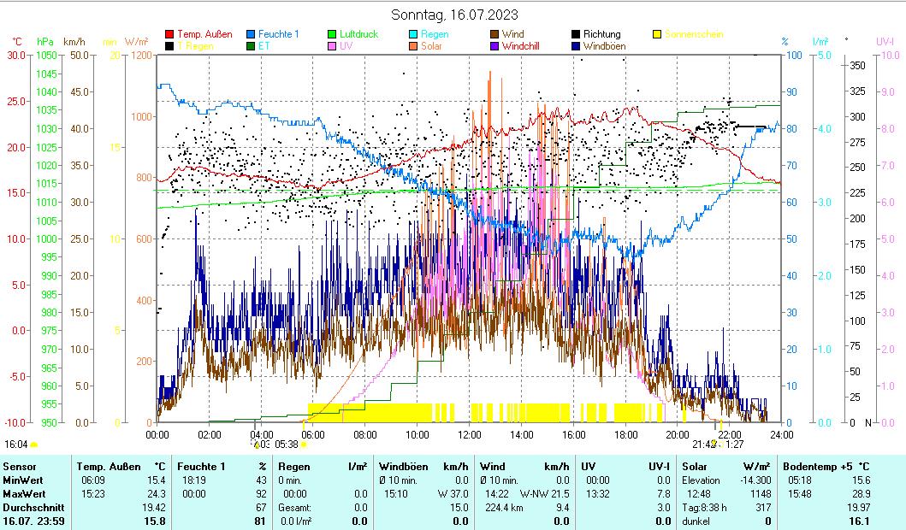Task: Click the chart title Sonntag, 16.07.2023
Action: point(453,15)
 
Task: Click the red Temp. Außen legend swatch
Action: point(169,34)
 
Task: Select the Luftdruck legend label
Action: point(358,34)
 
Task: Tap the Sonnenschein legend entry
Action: point(693,34)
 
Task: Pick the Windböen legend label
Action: point(604,46)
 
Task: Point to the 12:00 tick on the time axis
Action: point(470,434)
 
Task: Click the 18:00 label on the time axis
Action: point(626,434)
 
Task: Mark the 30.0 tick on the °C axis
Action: point(15,56)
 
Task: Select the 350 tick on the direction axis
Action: point(857,66)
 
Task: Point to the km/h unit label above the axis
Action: point(74,41)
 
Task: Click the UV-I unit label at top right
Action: point(885,41)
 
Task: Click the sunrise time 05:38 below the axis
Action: point(287,445)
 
